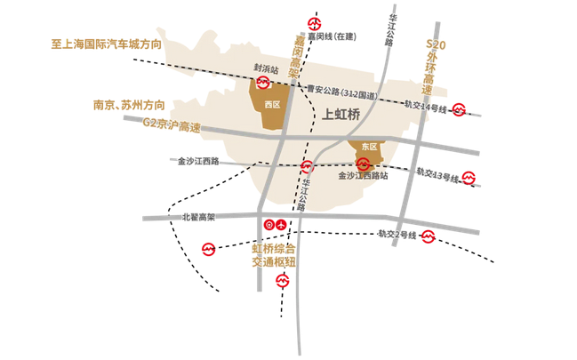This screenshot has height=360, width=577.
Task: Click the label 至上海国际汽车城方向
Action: pyautogui.click(x=107, y=43)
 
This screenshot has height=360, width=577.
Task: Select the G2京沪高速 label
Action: pyautogui.click(x=172, y=126)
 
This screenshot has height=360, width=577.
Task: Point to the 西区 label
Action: pyautogui.click(x=272, y=104)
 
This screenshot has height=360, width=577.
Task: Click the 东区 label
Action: pyautogui.click(x=367, y=146)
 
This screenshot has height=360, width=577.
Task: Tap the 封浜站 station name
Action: pyautogui.click(x=265, y=68)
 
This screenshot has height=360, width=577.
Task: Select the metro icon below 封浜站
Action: pyautogui.click(x=264, y=83)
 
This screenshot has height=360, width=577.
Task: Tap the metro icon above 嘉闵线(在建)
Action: pyautogui.click(x=314, y=21)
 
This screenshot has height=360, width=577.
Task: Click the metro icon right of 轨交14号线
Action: pyautogui.click(x=459, y=109)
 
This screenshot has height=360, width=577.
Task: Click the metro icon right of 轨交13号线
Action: pyautogui.click(x=469, y=178)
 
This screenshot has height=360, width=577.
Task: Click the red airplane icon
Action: pyautogui.click(x=283, y=224)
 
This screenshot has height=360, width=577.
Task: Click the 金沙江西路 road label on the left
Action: pyautogui.click(x=198, y=161)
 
